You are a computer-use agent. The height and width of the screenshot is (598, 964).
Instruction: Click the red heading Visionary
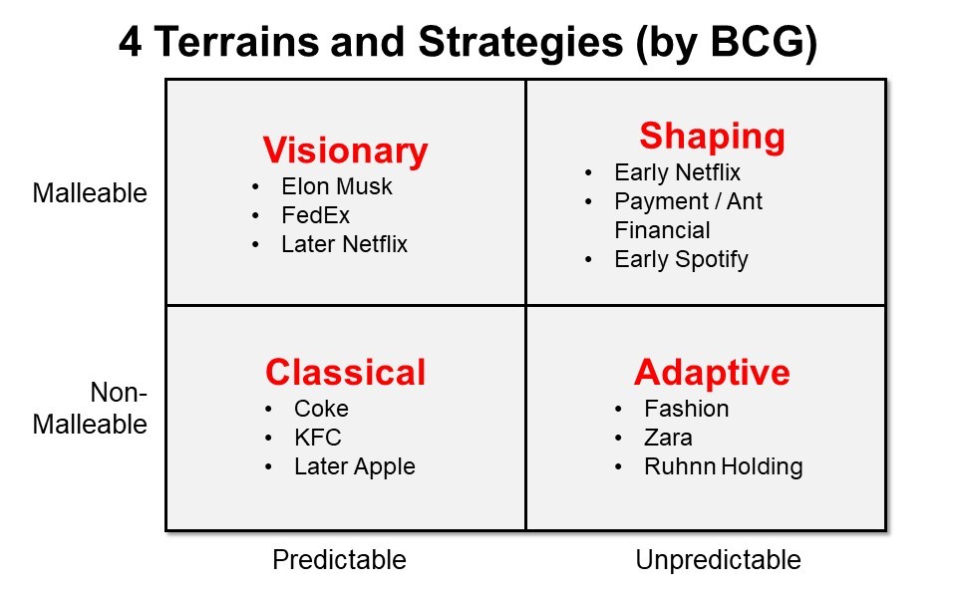[346, 151]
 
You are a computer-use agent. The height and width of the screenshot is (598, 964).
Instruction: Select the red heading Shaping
[712, 138]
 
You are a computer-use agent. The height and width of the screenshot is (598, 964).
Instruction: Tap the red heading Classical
[346, 373]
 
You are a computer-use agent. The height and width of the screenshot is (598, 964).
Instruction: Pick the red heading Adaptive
[712, 373]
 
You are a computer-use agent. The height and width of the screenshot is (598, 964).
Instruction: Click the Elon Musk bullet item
[337, 186]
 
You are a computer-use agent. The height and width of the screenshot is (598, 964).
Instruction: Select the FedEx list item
[315, 215]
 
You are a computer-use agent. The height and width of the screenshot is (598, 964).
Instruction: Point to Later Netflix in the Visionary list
[344, 244]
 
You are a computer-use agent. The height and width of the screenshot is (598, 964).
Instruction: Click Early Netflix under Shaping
[678, 172]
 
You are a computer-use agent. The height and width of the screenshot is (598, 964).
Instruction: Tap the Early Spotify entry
[681, 260]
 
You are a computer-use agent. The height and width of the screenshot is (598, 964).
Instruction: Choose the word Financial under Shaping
[662, 230]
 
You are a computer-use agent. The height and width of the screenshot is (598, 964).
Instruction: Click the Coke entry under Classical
[322, 409]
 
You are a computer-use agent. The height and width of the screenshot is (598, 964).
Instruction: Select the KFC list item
[318, 438]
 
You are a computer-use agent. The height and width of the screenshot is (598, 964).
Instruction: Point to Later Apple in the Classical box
[355, 467]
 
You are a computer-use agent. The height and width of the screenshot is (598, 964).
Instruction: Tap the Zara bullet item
[668, 438]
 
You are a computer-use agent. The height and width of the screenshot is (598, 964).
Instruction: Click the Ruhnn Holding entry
[724, 466]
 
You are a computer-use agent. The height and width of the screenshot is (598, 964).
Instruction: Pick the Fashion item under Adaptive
[687, 409]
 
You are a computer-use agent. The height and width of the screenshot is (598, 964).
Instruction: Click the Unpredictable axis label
[718, 560]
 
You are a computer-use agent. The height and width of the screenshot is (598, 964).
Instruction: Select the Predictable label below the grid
[339, 560]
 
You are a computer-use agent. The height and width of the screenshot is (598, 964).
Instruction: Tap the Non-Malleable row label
[90, 408]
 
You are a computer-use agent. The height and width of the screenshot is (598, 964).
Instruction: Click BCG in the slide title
[758, 42]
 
